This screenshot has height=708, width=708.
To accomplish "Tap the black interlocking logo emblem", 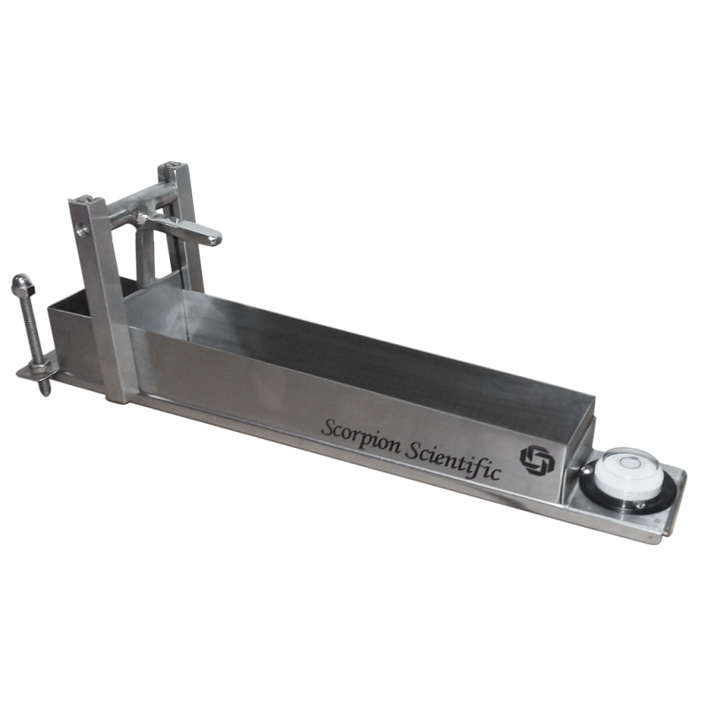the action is coord(536,460).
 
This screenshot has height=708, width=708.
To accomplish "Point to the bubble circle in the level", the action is coord(627,462).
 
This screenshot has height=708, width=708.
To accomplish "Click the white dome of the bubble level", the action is coord(627,470).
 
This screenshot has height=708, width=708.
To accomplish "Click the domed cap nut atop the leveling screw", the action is coord(19,282).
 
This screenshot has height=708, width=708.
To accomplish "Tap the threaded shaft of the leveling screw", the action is coord(30,325).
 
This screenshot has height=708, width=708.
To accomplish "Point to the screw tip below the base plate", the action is coord(44,387).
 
